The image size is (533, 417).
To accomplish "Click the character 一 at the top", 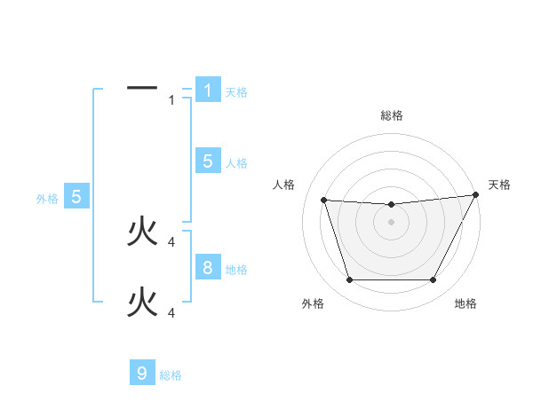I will [x=142, y=88].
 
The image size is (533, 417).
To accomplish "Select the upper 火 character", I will [x=142, y=232].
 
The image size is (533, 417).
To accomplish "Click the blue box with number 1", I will [x=207, y=90].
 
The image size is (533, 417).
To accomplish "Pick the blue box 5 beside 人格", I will [x=207, y=161].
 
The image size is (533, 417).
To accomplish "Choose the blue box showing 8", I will [x=207, y=267].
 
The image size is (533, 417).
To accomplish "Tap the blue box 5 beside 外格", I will [x=76, y=197].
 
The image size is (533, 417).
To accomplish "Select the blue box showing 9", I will [x=142, y=374].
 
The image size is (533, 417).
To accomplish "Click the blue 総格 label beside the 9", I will [x=171, y=375].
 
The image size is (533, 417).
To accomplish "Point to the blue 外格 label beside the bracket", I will [x=47, y=199].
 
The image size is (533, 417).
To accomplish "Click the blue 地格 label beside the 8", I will [x=236, y=269].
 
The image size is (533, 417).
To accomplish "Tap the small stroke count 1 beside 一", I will [x=172, y=100].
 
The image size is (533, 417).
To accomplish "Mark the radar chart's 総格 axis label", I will [x=392, y=115].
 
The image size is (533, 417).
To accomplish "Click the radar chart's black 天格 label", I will [x=500, y=185].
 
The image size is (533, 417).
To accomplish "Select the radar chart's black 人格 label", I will [x=283, y=185].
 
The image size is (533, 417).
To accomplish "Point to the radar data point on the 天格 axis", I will [x=477, y=195].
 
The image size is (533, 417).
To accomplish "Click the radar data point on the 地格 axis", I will [x=434, y=280].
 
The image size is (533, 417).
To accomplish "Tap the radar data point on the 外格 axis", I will [x=349, y=280].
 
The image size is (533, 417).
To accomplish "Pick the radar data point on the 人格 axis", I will [x=323, y=201].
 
